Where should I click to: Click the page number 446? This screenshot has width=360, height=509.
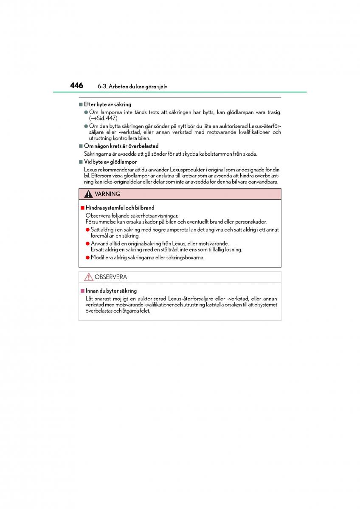[77, 86]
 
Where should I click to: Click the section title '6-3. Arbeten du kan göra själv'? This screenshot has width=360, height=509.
[132, 87]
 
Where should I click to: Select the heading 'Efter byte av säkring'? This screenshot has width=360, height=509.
[107, 104]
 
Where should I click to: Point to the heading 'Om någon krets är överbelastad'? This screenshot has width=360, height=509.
[121, 146]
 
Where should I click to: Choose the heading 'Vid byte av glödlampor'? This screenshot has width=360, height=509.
[110, 162]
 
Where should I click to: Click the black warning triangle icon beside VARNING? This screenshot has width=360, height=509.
[88, 194]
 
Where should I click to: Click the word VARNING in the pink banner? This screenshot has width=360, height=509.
[107, 194]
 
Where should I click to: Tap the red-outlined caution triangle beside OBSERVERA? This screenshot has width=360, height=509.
[88, 277]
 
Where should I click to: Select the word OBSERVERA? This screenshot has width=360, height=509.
[110, 277]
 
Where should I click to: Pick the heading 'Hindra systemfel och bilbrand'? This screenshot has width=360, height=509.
[120, 208]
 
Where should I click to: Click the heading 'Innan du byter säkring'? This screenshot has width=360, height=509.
[111, 291]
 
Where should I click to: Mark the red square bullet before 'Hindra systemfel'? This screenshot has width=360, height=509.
[82, 208]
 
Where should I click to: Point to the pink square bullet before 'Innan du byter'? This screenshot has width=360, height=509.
[82, 291]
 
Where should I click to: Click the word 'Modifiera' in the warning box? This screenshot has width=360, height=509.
[102, 257]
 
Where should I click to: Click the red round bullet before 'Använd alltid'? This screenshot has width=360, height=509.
[87, 243]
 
